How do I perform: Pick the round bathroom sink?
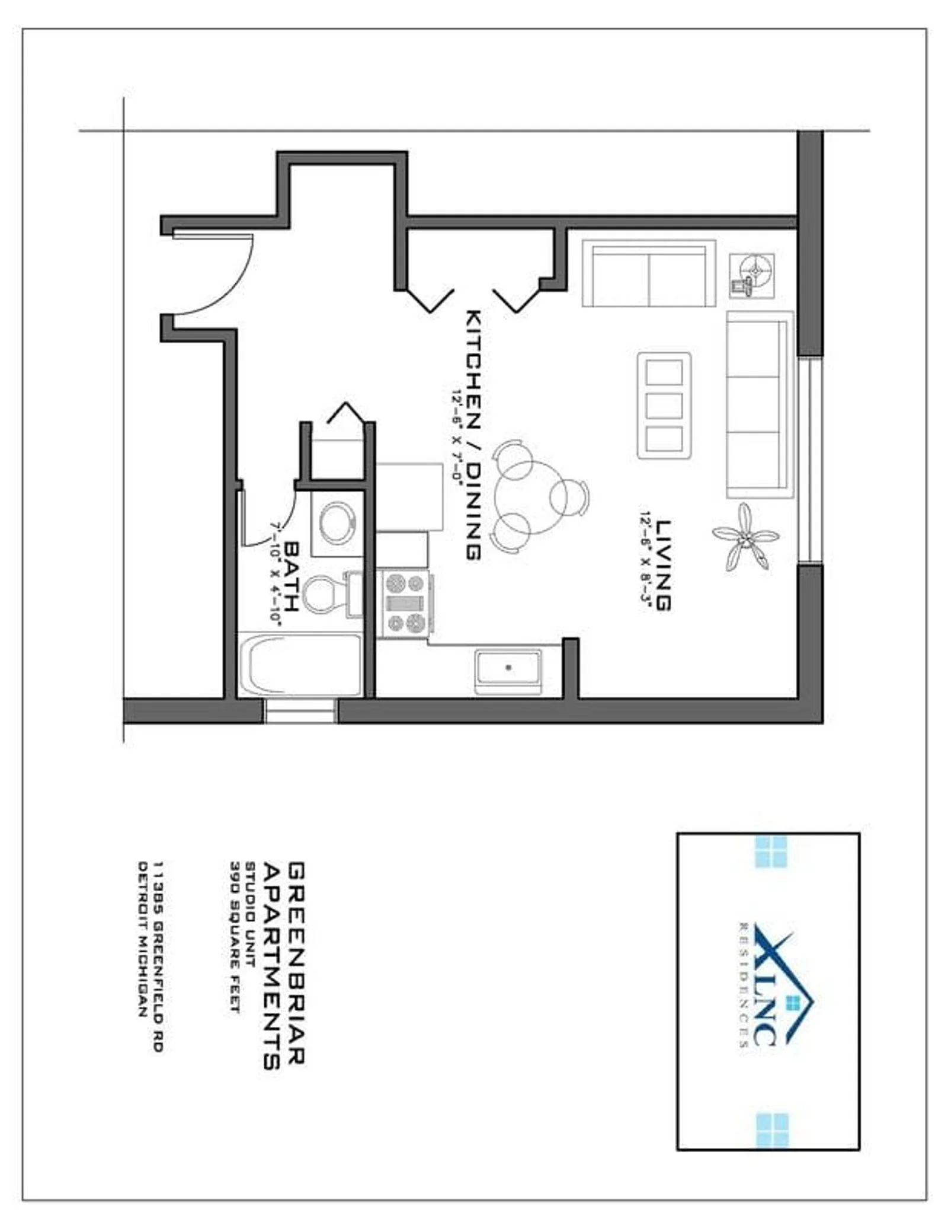click(337, 522)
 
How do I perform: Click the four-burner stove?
click(406, 603)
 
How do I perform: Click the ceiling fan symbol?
click(745, 537)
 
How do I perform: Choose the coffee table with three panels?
click(664, 406)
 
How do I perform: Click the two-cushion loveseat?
click(649, 273)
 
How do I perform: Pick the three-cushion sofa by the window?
click(760, 404)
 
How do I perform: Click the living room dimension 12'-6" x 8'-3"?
click(644, 559)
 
